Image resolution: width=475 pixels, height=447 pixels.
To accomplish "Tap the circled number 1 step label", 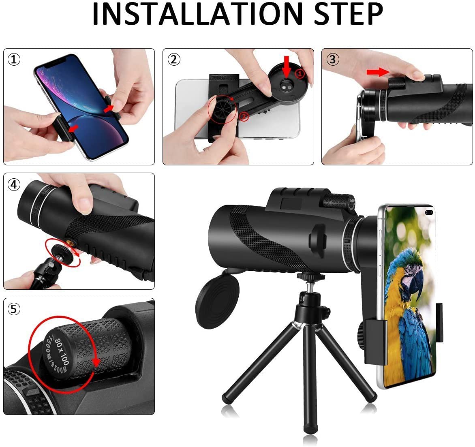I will pyautogui.click(x=14, y=60).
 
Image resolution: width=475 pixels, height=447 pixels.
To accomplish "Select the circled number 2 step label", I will pyautogui.click(x=173, y=60).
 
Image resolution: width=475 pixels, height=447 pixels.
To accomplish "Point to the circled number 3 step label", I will pyautogui.click(x=333, y=60).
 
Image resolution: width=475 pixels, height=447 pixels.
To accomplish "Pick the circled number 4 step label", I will pyautogui.click(x=14, y=184).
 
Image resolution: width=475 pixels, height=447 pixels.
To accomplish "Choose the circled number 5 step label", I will pyautogui.click(x=14, y=309).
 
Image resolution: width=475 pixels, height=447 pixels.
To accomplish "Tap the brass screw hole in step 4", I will pyautogui.click(x=74, y=242).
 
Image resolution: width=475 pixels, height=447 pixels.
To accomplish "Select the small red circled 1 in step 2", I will pyautogui.click(x=299, y=74).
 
